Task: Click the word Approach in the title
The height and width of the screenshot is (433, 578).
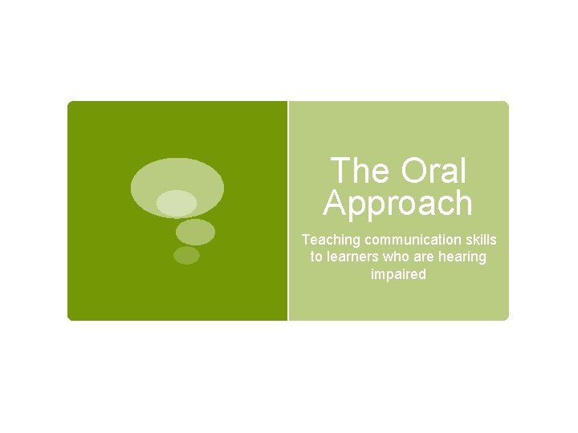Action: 398,204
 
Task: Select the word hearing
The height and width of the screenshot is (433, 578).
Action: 466,257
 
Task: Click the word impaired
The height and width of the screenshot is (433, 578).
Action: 398,274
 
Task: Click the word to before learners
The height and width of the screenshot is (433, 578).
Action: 316,257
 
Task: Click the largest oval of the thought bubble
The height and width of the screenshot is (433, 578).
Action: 178,176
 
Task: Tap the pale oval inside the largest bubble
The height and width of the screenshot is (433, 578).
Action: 177,203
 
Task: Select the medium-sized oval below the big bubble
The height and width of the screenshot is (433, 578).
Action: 195,232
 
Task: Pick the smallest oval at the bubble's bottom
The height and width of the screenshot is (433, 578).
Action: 186,255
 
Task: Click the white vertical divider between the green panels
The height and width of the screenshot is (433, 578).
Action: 287,210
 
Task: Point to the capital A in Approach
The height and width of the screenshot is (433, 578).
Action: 335,204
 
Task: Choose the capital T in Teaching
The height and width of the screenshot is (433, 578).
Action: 306,240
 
